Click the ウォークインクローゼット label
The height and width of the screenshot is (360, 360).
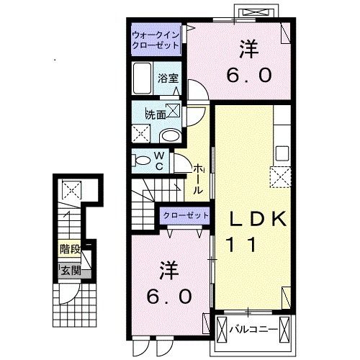[x=156, y=40]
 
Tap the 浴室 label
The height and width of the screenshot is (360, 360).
[x=168, y=78]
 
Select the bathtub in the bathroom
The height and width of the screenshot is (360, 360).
[x=143, y=78]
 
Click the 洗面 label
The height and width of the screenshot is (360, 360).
[x=156, y=115]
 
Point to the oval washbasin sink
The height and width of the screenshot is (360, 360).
[x=171, y=136]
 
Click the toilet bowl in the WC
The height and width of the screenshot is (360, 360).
[x=141, y=161]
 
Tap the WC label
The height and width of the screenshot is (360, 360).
[x=159, y=161]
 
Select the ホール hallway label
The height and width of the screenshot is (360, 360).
[x=199, y=179]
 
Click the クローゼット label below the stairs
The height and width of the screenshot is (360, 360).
[x=186, y=215]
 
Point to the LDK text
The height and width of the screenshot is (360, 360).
[x=258, y=219]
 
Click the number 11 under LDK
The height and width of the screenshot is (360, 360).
[x=242, y=244]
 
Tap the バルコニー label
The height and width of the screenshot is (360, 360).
[x=253, y=330]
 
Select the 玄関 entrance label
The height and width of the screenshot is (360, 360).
[x=71, y=271]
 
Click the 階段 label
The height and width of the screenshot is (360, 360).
[x=70, y=249]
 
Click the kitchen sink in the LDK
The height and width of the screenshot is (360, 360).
[x=282, y=153]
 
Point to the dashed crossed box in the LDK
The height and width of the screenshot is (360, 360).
[x=281, y=177]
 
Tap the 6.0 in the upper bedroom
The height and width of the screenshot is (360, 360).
[x=249, y=75]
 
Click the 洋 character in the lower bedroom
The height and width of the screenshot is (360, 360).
[x=169, y=271]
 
